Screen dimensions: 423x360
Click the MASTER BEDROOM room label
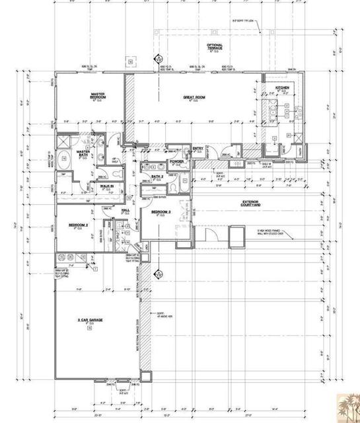[98, 96]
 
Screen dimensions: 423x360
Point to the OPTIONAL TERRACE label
[215, 47]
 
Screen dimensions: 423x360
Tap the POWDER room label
[176, 161]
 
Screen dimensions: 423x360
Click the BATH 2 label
[156, 178]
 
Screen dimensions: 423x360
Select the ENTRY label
[198, 149]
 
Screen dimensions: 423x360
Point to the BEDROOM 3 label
[161, 212]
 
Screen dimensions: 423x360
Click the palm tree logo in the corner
[346, 406]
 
